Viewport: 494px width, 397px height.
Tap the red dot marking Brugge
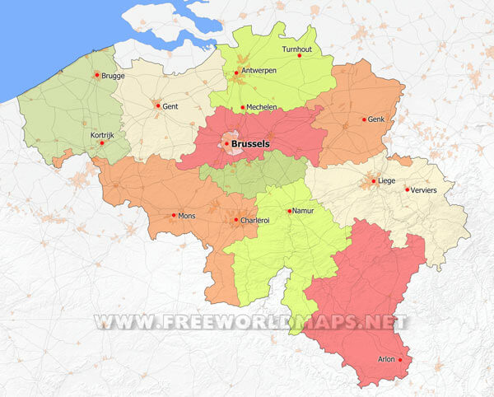[x=96, y=75]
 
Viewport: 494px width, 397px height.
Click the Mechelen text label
[x=261, y=108]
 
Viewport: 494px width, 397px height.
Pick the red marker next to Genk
[x=364, y=119]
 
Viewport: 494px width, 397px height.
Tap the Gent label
[x=170, y=106]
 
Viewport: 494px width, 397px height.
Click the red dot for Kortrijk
[x=102, y=142]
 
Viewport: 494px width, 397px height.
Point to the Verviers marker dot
[x=407, y=190]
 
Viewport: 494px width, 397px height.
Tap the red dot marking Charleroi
[x=236, y=220]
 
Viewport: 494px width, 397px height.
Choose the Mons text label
[x=188, y=216]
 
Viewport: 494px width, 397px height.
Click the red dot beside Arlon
[x=400, y=360]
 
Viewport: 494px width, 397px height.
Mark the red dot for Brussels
[x=226, y=143]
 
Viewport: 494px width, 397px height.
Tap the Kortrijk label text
[x=102, y=134]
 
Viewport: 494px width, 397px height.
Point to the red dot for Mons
[x=174, y=216]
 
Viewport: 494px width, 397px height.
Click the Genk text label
[x=377, y=119]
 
